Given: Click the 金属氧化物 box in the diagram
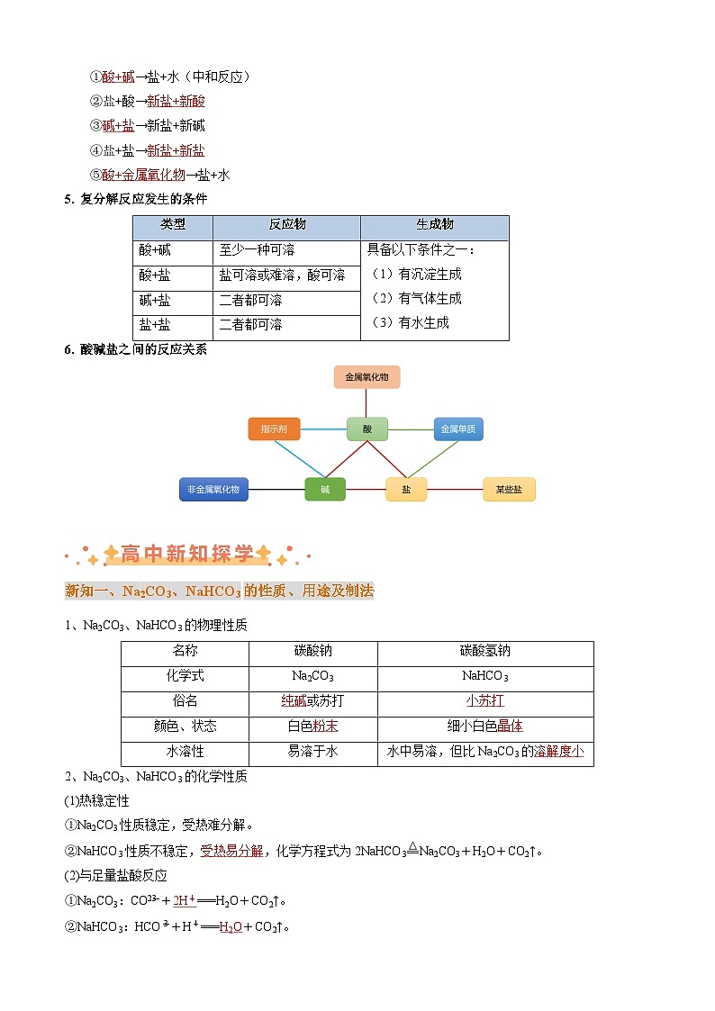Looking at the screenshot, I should point(367,377).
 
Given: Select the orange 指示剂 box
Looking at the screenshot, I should point(274,429).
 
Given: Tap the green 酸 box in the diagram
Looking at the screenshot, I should point(367,429).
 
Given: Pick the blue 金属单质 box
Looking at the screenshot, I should point(457,429).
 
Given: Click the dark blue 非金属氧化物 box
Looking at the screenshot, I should point(213,490).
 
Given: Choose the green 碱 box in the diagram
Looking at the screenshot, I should point(324,490).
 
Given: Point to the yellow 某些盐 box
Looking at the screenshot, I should point(509,490).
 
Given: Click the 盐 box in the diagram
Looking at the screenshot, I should point(406,490).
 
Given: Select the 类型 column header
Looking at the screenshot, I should point(173,224).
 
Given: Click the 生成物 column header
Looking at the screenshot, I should point(434,224).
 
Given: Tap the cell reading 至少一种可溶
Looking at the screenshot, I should point(257,249).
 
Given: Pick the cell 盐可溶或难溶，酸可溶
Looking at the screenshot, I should point(282,275).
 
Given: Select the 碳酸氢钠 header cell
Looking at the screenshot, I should point(484,651).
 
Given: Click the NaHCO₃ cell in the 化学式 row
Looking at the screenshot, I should point(484,676).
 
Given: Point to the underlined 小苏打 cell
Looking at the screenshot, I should point(484,700).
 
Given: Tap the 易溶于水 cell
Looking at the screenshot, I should point(312,751).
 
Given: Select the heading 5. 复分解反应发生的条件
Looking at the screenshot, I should point(135,199).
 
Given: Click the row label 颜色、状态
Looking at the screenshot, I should point(185,726).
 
